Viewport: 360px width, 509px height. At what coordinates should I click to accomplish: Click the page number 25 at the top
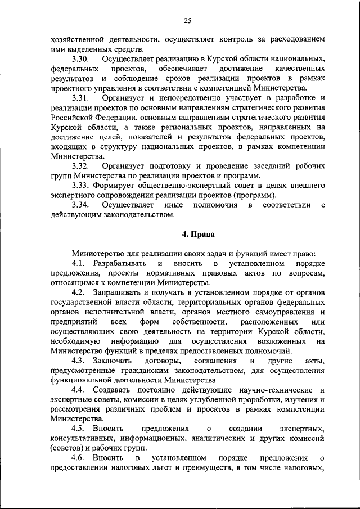[x=188, y=21]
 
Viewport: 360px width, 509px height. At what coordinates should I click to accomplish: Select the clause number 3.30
[x=82, y=59]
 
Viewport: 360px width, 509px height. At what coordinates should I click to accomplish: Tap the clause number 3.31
[x=82, y=98]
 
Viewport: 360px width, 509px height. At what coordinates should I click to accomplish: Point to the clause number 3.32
[x=82, y=166]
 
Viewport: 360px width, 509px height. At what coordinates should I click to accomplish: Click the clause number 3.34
[x=82, y=205]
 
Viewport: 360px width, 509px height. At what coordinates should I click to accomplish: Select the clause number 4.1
[x=79, y=263]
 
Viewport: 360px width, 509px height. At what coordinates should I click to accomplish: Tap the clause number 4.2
[x=79, y=292]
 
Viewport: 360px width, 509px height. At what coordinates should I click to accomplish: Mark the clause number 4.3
[x=79, y=361]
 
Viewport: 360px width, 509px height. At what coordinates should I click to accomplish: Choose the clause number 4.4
[x=79, y=390]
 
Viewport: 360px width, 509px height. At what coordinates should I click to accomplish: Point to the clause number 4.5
[x=79, y=429]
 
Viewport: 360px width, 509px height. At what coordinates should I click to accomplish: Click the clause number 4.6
[x=79, y=458]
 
